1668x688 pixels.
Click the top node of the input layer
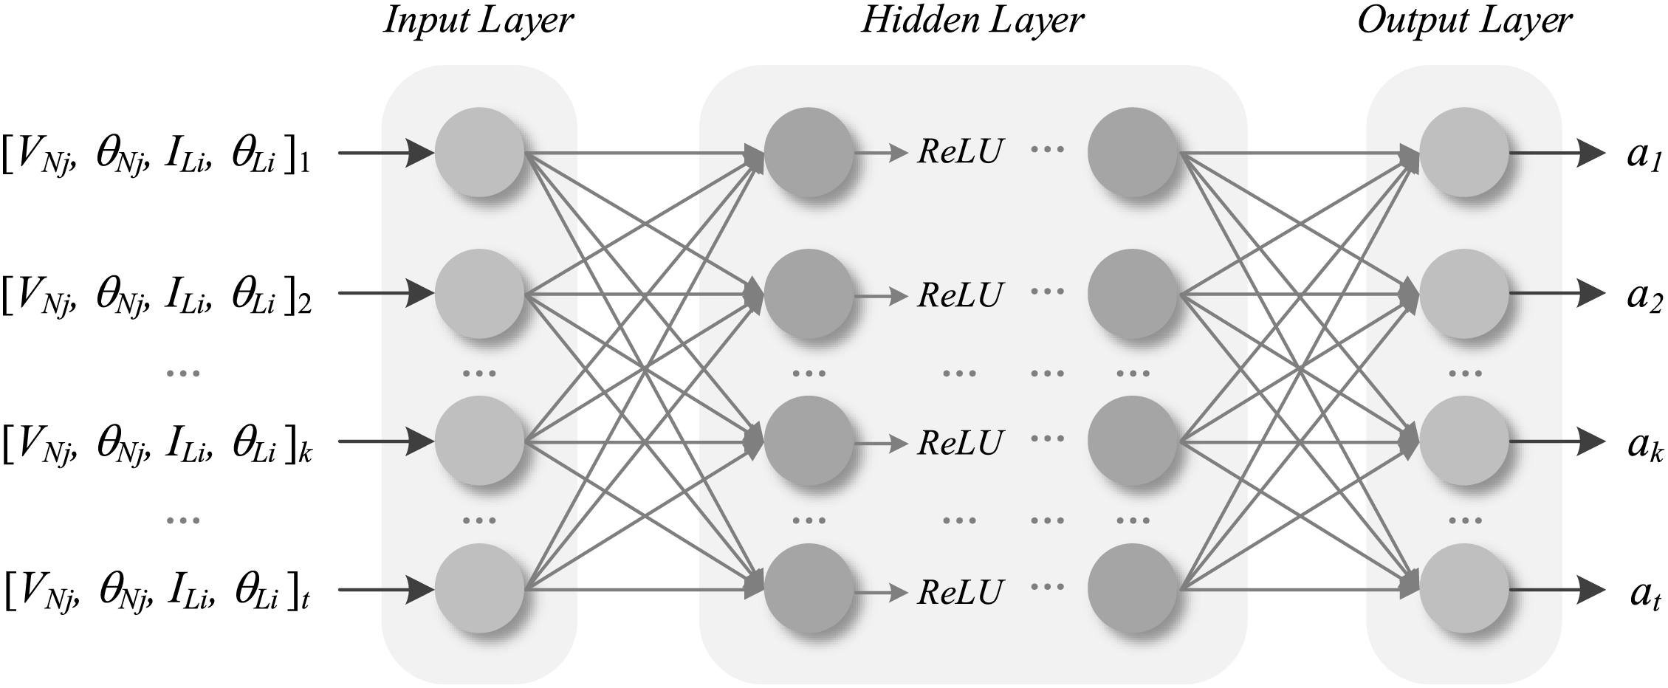click(x=480, y=152)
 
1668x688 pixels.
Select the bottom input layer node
click(x=480, y=589)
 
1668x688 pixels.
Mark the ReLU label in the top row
click(x=960, y=152)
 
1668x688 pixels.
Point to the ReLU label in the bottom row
click(x=960, y=591)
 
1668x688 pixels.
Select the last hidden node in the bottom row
click(x=1132, y=589)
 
